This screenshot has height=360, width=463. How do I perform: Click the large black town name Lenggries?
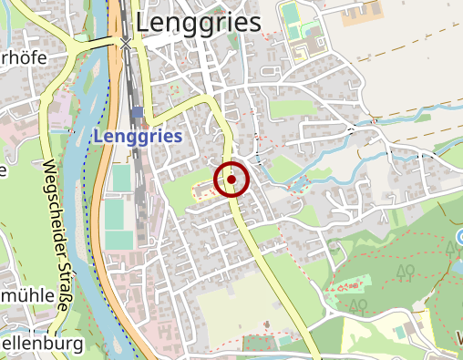pyautogui.click(x=198, y=23)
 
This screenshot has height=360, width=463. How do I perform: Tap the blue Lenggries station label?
pyautogui.click(x=137, y=136)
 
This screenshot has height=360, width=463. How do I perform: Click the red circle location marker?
pyautogui.click(x=231, y=180)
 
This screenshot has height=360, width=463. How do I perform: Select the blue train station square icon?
pyautogui.click(x=137, y=113)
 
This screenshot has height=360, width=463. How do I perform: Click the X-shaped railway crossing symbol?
pyautogui.click(x=126, y=43)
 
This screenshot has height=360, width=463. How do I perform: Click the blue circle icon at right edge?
pyautogui.click(x=458, y=239)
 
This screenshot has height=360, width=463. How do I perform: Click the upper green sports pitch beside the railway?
pyautogui.click(x=121, y=178)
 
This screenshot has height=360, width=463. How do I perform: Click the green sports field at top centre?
pyautogui.click(x=291, y=16)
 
